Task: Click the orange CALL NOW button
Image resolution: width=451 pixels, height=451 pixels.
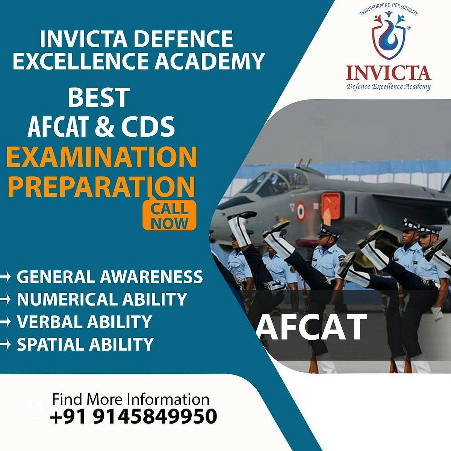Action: (x=170, y=216)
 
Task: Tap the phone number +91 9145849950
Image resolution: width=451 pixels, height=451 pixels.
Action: (x=133, y=416)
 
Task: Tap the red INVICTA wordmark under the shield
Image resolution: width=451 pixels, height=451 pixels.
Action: (x=388, y=73)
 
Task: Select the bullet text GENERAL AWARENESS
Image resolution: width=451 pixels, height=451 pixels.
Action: (x=109, y=277)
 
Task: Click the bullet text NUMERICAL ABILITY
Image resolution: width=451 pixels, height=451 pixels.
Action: (x=101, y=300)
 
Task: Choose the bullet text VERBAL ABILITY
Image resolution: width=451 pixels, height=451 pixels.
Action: (x=84, y=322)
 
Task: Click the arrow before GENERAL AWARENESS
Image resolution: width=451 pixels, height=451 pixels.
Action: (x=5, y=277)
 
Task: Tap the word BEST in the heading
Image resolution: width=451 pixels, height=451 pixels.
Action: (x=99, y=97)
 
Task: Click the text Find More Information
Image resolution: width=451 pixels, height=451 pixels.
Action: (x=130, y=399)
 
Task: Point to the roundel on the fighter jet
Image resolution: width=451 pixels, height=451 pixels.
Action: (x=300, y=211)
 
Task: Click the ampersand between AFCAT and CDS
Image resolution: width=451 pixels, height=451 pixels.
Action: (x=104, y=126)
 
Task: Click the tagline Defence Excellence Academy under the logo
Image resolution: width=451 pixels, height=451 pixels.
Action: (x=388, y=87)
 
